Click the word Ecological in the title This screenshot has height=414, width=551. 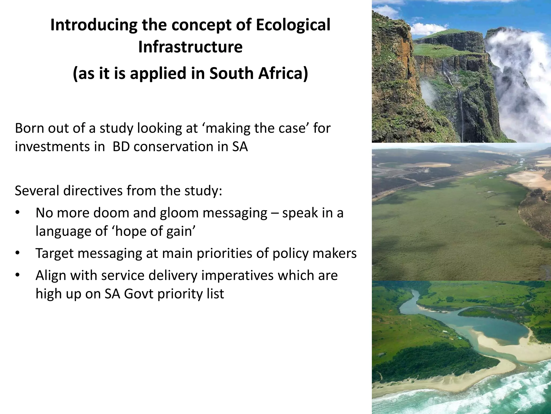293,25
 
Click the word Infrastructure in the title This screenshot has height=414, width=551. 190,47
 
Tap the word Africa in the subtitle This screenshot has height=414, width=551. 282,74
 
